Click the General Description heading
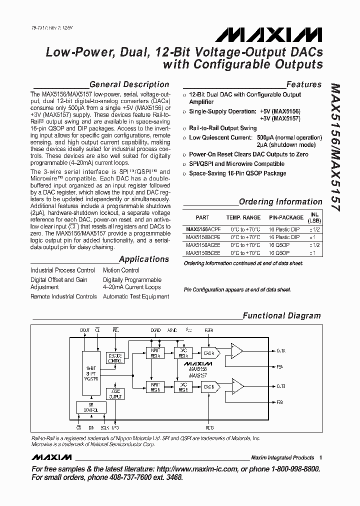129,84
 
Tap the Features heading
303,84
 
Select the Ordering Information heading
280,202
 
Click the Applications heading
144,259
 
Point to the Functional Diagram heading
281,315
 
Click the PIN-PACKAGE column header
286,217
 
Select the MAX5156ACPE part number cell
202,229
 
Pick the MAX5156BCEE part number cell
202,253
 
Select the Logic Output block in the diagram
115,393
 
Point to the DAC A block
208,353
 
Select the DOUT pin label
85,330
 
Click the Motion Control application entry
121,270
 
